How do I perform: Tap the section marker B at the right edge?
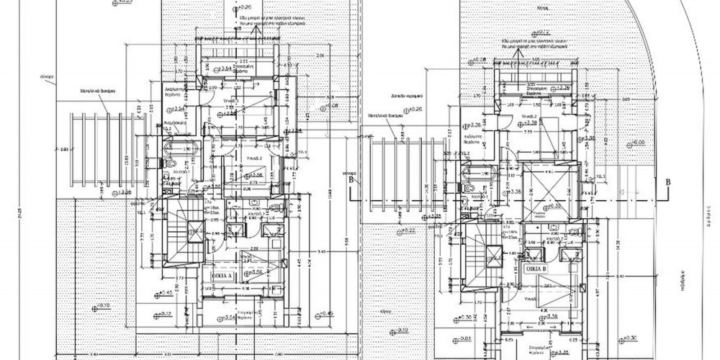tap(668, 183)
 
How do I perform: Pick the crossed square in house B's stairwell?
tap(493, 253)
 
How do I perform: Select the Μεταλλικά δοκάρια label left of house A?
tap(97, 92)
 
